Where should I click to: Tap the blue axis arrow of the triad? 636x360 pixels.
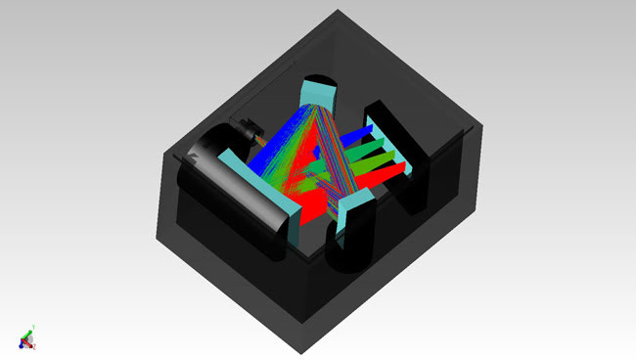tap(22, 341)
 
